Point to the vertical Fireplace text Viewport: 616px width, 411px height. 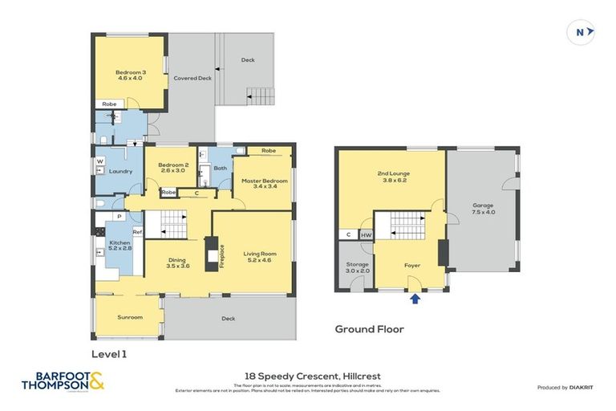coord(222,256)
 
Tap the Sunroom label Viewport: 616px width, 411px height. coord(130,317)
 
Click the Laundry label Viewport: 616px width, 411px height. coord(120,171)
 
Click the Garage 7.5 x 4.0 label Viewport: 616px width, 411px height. coord(483,209)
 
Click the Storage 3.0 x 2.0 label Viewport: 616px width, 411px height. coord(357,267)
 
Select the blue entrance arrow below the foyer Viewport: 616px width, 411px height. coord(415,299)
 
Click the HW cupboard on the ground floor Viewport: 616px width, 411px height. coord(366,235)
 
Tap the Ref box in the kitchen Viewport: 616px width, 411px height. coord(136,233)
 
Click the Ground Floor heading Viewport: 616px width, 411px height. coord(369,328)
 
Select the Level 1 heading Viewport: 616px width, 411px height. coord(109,352)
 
